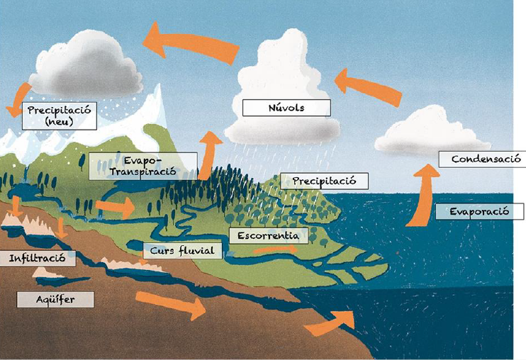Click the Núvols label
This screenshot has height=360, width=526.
[286, 108]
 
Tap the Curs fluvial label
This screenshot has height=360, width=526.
[182, 250]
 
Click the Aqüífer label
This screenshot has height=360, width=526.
[55, 299]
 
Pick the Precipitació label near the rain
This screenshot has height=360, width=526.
[324, 181]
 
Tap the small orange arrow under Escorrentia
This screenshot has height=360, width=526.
[272, 249]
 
